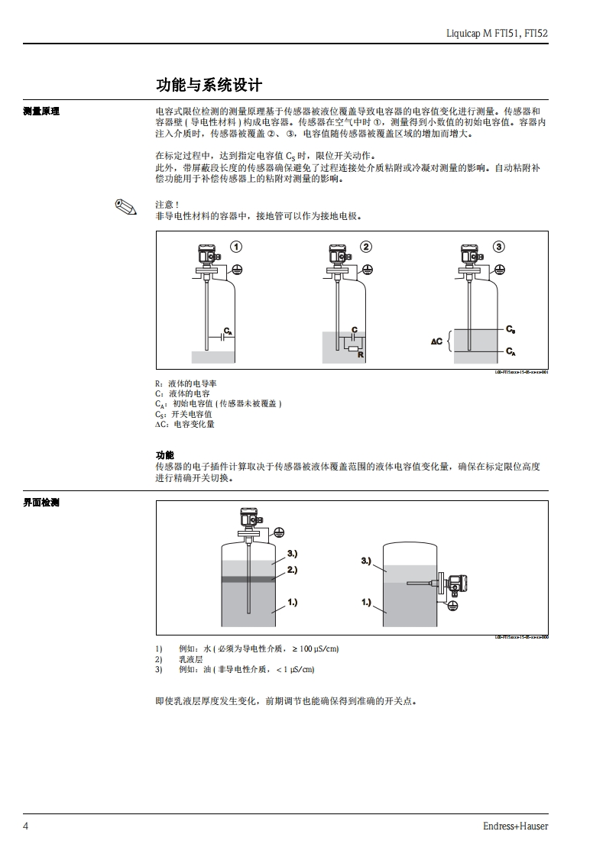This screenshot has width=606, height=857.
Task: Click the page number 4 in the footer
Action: click(x=26, y=826)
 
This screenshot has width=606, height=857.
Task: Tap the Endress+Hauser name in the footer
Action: click(x=515, y=826)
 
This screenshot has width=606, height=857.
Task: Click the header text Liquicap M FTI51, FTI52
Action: click(x=497, y=34)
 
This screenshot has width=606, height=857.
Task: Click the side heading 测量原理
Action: click(x=41, y=112)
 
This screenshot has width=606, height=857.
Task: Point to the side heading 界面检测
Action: click(x=41, y=503)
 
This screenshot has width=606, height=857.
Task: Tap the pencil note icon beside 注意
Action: click(x=125, y=206)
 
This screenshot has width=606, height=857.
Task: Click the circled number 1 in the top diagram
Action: click(x=237, y=247)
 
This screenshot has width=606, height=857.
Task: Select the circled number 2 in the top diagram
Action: click(x=367, y=247)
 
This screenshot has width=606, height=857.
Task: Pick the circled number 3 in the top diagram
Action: click(x=499, y=247)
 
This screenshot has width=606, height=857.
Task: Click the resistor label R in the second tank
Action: click(x=359, y=356)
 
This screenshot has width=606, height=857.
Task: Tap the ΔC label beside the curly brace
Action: click(x=437, y=341)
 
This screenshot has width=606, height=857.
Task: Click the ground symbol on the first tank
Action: click(x=238, y=270)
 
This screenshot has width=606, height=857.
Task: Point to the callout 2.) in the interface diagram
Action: click(x=292, y=570)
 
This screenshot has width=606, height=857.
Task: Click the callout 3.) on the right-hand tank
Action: click(x=366, y=561)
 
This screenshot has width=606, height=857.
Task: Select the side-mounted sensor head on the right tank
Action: click(x=455, y=584)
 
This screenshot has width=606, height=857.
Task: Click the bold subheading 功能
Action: click(x=164, y=454)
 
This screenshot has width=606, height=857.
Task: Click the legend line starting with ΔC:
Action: click(x=185, y=424)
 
